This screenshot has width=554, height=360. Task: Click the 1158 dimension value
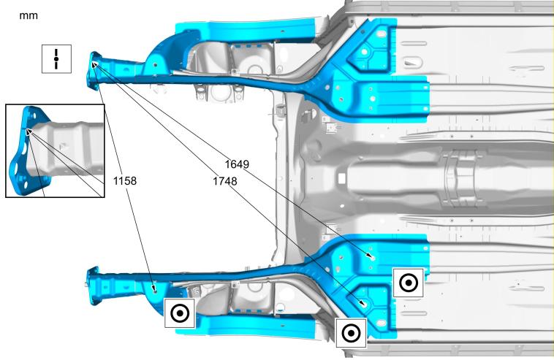click(125, 180)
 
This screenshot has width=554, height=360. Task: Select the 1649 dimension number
click(237, 164)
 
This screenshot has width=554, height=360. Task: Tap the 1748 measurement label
click(224, 181)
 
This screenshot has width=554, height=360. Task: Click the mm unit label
click(29, 15)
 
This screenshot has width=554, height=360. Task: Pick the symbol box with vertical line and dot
click(56, 59)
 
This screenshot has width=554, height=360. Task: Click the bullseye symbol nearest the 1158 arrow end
click(180, 313)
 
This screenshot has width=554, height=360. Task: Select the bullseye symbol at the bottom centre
click(352, 333)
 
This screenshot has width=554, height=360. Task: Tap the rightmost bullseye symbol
click(408, 283)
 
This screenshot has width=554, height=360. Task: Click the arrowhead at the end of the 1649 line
click(370, 256)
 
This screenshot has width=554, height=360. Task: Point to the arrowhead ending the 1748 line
click(363, 303)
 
